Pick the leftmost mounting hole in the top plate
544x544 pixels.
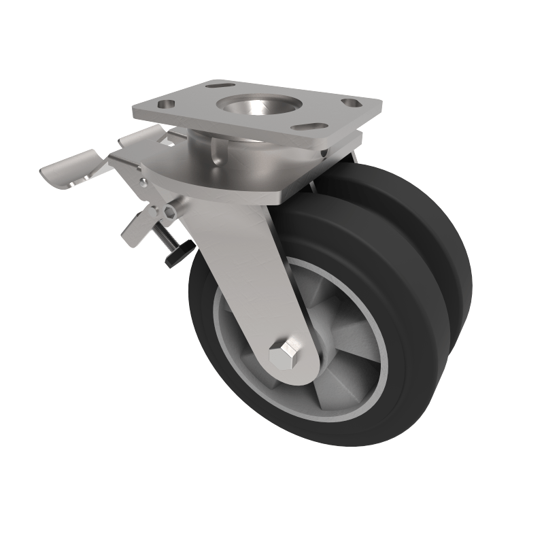click(165, 105)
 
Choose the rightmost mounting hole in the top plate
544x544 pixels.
click(351, 103)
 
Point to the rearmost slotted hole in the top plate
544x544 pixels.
click(221, 86)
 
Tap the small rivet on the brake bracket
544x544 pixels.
click(143, 182)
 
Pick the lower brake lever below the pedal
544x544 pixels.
click(136, 228)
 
